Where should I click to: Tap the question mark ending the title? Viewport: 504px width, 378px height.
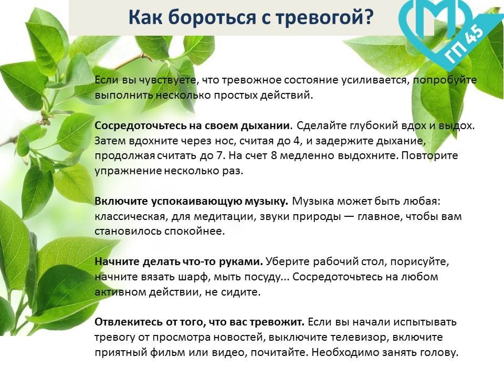point(367,17)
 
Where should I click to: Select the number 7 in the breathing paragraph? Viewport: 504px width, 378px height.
point(219,155)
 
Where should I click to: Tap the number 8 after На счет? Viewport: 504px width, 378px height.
point(274,155)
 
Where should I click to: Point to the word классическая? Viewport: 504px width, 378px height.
point(130,217)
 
